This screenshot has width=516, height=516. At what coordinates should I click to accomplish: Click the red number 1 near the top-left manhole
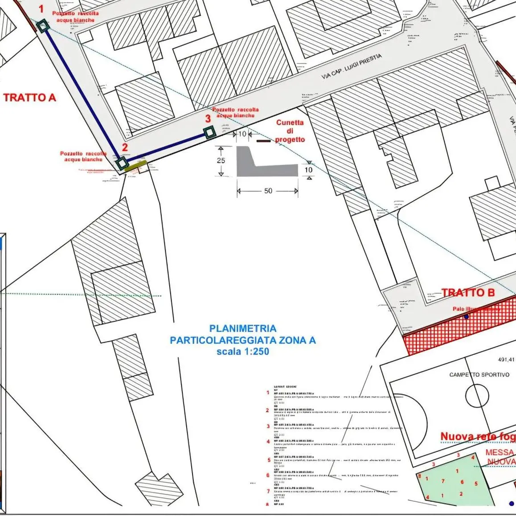(x=41, y=8)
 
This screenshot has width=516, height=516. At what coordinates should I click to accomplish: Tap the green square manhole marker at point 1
(x=42, y=26)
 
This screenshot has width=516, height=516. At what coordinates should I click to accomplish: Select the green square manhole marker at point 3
(x=209, y=132)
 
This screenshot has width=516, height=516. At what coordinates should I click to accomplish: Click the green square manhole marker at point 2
(x=122, y=163)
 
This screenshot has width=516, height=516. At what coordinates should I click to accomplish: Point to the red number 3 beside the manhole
(x=208, y=119)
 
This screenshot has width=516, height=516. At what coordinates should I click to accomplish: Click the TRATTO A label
(x=30, y=98)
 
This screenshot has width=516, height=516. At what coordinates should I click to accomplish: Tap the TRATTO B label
(x=468, y=293)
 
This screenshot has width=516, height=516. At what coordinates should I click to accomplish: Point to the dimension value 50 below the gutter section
(x=268, y=191)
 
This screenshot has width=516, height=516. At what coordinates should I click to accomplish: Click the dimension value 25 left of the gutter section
(x=221, y=160)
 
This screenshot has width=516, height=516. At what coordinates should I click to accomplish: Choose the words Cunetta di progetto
(x=290, y=131)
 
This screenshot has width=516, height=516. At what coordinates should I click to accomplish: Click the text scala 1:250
(x=243, y=351)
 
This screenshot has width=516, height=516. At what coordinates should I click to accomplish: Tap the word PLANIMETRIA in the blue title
(x=243, y=328)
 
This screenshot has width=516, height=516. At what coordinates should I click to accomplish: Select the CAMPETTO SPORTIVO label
(x=479, y=374)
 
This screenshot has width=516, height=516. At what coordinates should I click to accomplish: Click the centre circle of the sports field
(x=477, y=395)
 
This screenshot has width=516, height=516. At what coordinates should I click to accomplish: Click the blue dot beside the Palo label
(x=466, y=317)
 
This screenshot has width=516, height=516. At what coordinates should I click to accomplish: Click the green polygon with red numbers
(x=455, y=481)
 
